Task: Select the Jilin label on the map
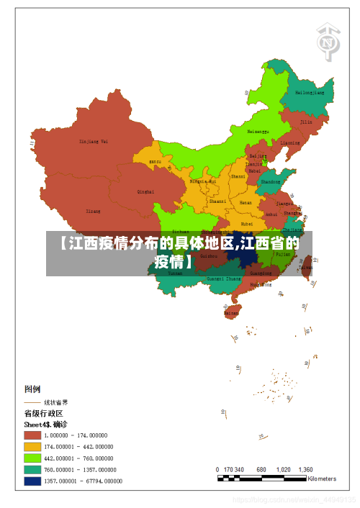pos(306,122)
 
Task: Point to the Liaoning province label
pos(290,142)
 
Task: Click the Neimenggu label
pos(258,132)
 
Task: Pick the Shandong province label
pos(271,182)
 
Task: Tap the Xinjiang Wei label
pos(94,141)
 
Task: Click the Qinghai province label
pos(145,191)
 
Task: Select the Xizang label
pos(94,212)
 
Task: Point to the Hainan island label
pos(231,313)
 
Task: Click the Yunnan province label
pos(176,273)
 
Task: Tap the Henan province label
pos(246,203)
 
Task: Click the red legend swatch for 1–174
pos(32,435)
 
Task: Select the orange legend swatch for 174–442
pos(32,446)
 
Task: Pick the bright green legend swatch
pos(32,458)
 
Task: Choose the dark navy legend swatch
pos(32,481)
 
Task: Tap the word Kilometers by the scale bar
pos(322,478)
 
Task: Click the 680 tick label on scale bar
pos(261,469)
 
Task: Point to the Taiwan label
pos(306,267)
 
